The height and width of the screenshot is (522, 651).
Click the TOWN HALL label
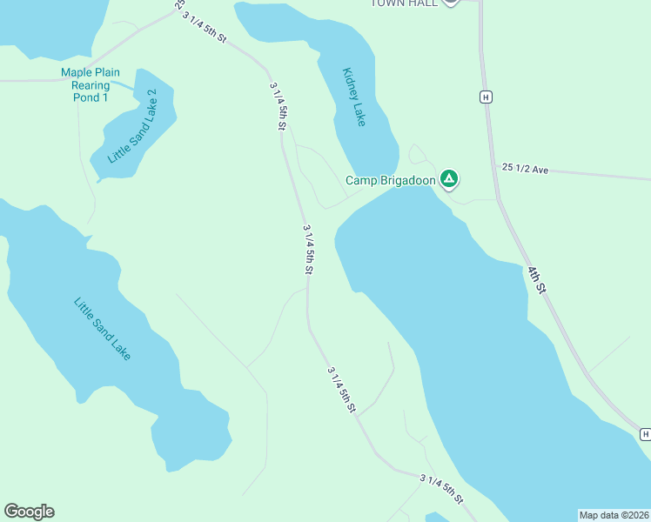406,3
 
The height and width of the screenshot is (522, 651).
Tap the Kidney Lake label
354,97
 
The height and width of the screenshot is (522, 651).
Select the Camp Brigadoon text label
390,180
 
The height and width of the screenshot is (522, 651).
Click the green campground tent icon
448,179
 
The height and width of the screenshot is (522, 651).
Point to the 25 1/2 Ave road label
525,168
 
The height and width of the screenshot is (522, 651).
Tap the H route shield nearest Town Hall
486,97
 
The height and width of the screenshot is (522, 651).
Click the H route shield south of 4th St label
644,433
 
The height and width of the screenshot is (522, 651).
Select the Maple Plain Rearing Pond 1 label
91,85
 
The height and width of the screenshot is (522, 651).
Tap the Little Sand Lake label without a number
102,330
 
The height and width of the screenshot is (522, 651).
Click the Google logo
29,512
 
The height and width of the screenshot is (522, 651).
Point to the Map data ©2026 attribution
614,514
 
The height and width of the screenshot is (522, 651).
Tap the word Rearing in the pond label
91,85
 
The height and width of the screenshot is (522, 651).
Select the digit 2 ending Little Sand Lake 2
152,93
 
